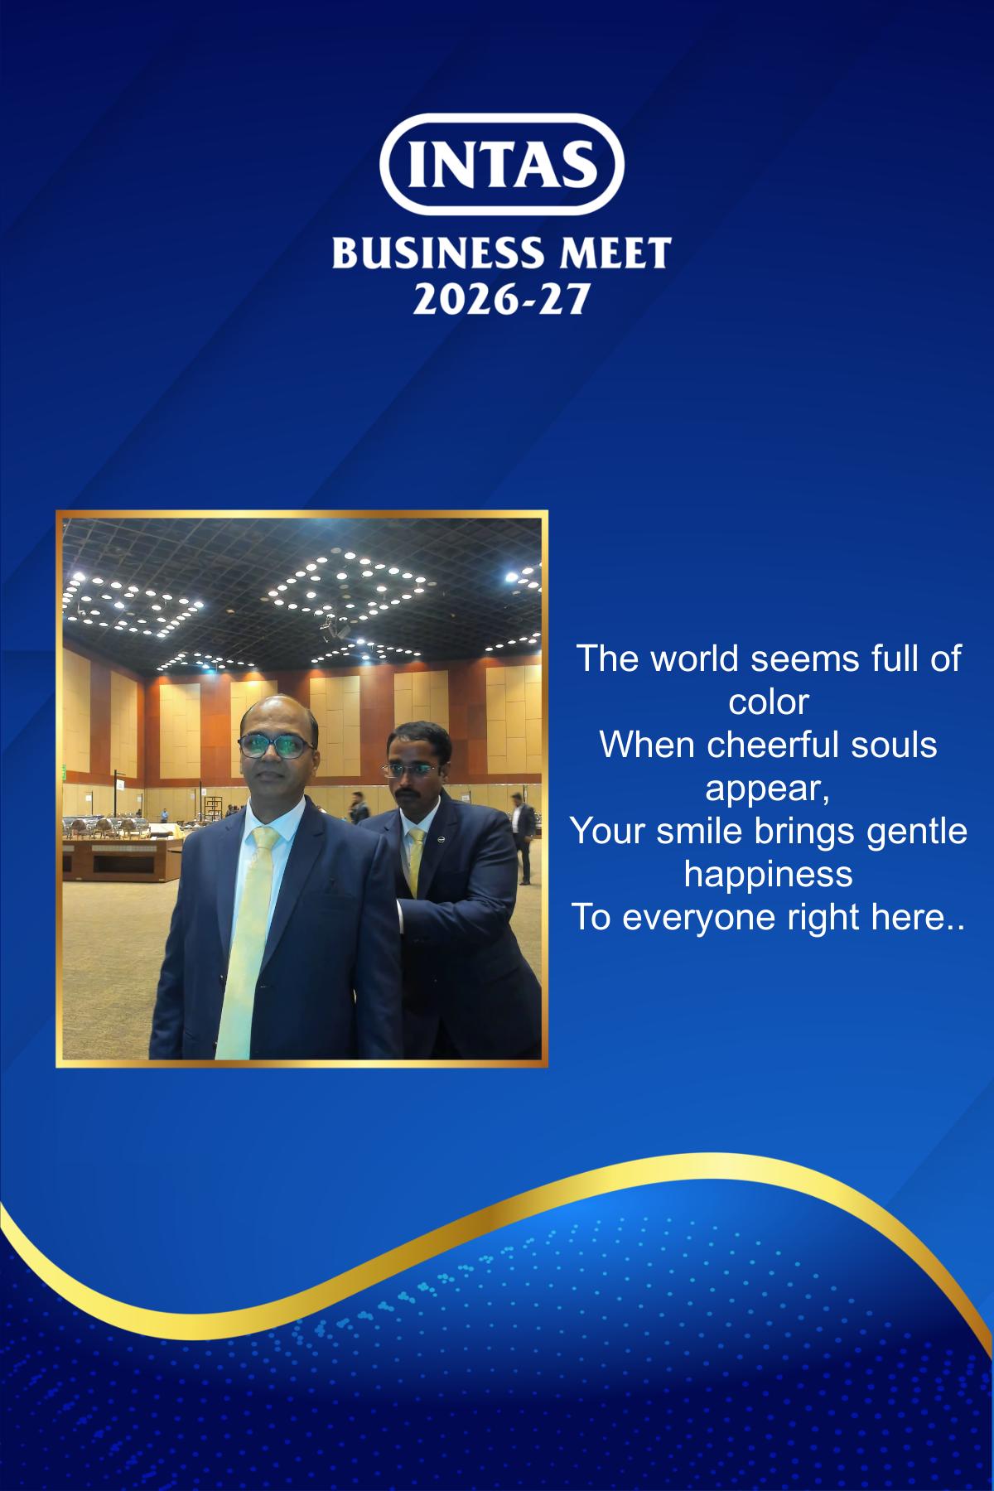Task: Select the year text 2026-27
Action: click(500, 298)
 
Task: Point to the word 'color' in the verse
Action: click(768, 702)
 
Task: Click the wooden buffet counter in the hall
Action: click(124, 853)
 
